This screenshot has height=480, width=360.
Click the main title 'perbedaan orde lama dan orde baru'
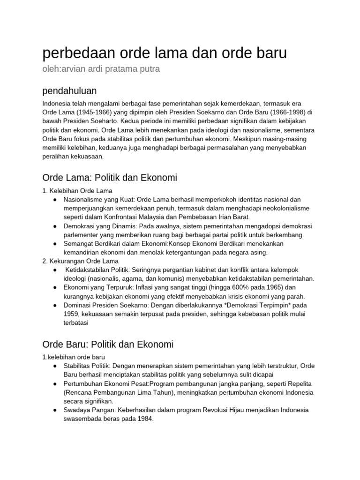tap(165, 53)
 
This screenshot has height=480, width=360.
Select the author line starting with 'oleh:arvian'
tap(101, 69)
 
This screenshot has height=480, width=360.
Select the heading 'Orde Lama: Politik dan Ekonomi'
tap(110, 178)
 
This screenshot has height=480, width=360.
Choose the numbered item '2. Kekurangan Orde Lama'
tap(80, 261)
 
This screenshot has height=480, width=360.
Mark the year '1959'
tap(72, 314)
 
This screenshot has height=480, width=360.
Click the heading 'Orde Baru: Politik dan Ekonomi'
tap(108, 345)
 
